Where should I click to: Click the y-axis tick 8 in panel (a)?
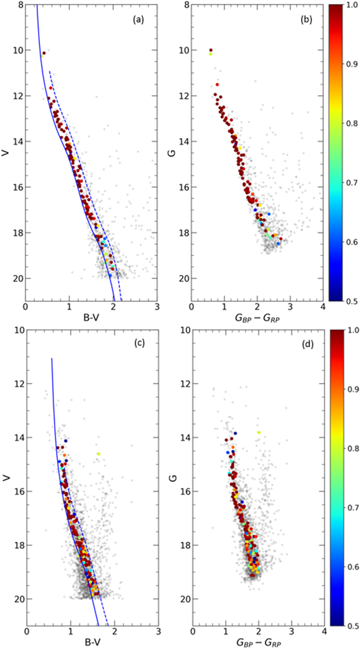pos(19,5)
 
